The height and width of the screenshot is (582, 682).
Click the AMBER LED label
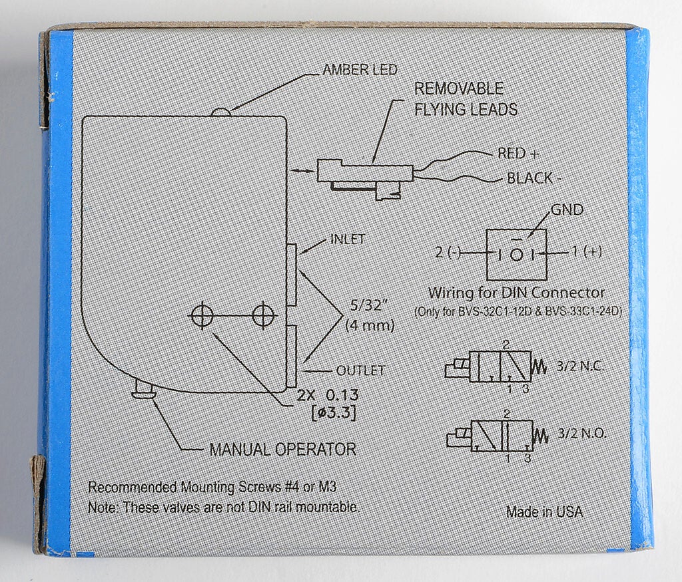point(360,69)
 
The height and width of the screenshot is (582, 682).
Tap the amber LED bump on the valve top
point(221,112)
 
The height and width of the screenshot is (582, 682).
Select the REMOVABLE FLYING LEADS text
point(466,98)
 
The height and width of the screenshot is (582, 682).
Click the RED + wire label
point(518,154)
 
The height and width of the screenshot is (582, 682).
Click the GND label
point(567,210)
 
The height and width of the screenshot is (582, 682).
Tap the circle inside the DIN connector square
point(516,255)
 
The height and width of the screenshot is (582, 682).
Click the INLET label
point(348,239)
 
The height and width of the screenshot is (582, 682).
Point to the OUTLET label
point(360,370)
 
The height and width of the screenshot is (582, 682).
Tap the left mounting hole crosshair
point(202,315)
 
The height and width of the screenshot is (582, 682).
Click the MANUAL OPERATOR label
point(282,449)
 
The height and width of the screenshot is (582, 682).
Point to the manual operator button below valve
point(143,389)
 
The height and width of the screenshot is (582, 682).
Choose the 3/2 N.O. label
point(581,433)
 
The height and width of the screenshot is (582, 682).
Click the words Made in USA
point(545,511)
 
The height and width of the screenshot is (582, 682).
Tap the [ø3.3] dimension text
point(334,413)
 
